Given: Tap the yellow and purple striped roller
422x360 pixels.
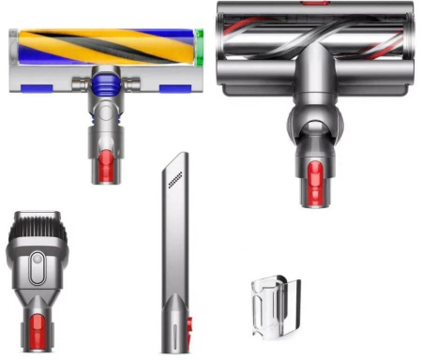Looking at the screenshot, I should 103,46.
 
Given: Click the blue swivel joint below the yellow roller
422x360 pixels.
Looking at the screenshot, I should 103,87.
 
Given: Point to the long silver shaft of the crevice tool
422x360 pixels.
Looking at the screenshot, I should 175,253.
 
